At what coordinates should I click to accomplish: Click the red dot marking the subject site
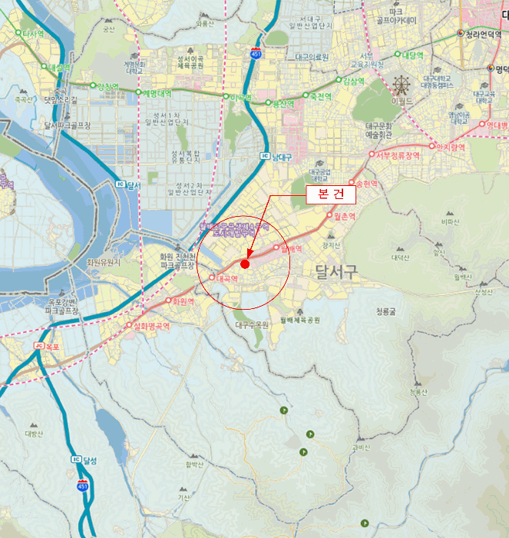click(x=245, y=264)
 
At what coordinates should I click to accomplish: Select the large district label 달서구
click(x=335, y=270)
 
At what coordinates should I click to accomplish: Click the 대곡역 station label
click(x=230, y=278)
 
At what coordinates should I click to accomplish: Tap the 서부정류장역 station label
click(x=398, y=155)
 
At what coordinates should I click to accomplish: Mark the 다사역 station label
click(x=35, y=34)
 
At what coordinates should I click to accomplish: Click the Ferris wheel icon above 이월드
click(x=401, y=85)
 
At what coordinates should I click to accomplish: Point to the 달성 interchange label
click(x=89, y=460)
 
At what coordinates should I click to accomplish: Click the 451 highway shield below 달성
click(x=82, y=486)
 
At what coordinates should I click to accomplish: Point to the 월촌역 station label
click(x=345, y=216)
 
